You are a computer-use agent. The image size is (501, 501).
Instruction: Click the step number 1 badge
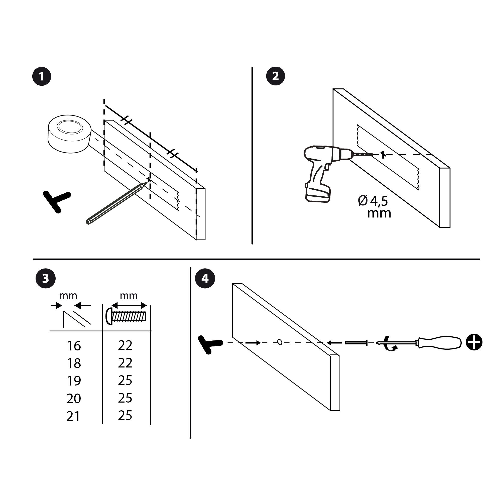42,76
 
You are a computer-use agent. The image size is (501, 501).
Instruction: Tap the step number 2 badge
275,76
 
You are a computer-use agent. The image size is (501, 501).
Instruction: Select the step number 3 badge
45,279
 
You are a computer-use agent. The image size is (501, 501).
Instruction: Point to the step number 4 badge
205,279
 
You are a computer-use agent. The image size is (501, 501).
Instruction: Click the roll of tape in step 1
69,133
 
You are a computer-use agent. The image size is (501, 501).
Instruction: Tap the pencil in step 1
115,203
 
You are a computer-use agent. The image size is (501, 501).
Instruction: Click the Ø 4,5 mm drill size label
375,207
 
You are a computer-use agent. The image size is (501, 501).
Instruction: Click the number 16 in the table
74,346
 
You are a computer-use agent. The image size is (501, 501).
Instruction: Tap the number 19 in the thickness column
74,381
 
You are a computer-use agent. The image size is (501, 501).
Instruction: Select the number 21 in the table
73,416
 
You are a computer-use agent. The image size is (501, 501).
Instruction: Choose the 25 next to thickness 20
125,398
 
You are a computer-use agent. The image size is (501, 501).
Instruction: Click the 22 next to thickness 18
125,363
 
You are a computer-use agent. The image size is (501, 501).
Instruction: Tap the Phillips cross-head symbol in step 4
474,342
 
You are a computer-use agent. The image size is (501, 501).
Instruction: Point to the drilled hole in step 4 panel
280,342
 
